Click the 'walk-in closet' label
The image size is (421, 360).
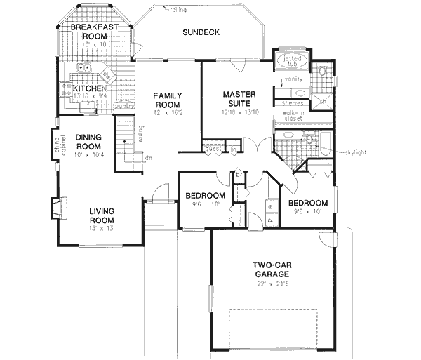[293, 115]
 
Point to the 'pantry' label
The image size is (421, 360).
[123, 106]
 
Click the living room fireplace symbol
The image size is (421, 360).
[55, 207]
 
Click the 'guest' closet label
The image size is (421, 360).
[213, 149]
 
